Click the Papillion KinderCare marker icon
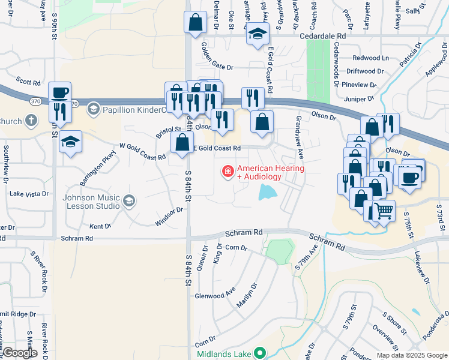click(93, 109)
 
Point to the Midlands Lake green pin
click(259, 352)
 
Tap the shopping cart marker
click(384, 211)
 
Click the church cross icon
click(31, 121)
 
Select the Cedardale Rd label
click(324, 36)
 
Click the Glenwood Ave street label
click(215, 295)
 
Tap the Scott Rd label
click(28, 81)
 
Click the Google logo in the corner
click(19, 352)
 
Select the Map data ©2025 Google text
click(411, 355)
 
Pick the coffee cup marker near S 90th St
click(59, 93)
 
